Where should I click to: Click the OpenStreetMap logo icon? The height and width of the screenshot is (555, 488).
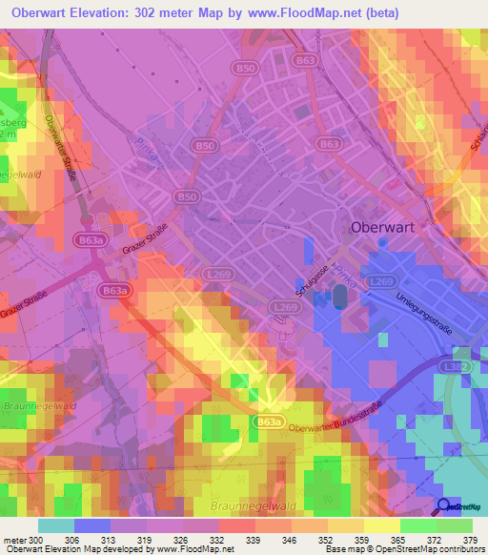pos(443,506)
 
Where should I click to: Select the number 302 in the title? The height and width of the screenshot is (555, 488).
pos(155,12)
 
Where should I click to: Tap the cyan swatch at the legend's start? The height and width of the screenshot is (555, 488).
pos(56,524)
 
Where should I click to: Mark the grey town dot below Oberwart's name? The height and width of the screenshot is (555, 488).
pos(382,242)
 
